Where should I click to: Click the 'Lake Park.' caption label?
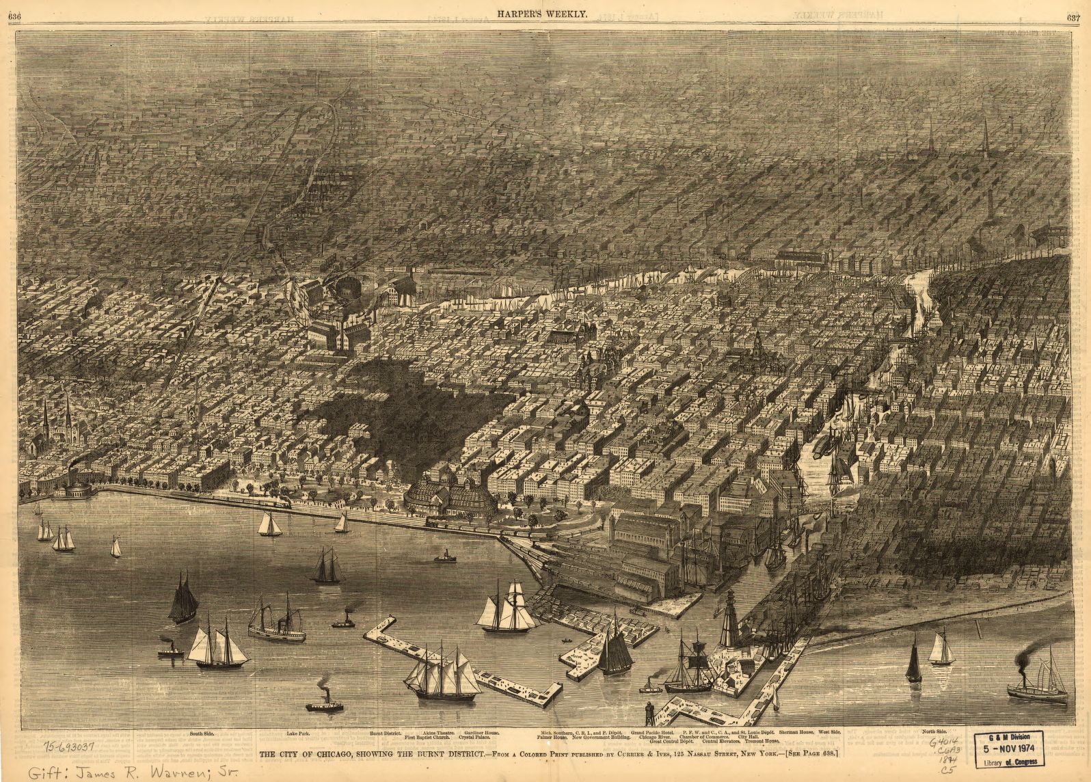pos(298,733)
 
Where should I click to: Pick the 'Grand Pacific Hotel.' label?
pos(658,733)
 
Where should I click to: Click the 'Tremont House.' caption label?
pos(762,742)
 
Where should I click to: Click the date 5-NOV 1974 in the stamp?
pos(1016,749)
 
